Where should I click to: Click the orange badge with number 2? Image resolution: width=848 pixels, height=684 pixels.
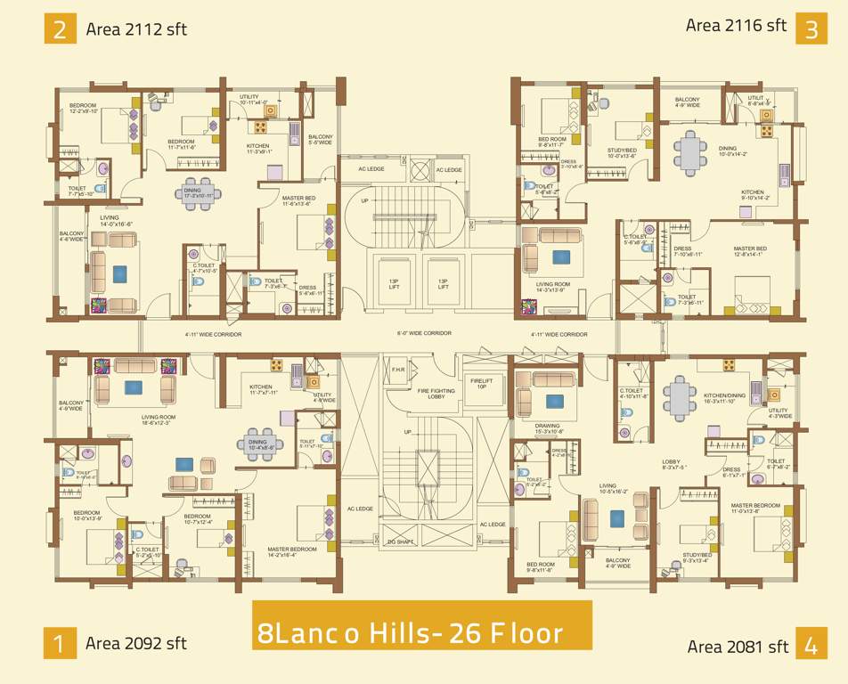click(60, 28)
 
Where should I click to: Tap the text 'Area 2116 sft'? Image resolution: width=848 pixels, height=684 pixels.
click(736, 25)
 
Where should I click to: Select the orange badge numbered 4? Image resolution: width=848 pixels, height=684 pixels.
click(810, 646)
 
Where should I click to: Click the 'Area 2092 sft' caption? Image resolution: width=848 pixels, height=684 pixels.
click(135, 643)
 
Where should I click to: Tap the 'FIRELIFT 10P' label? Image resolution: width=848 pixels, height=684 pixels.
click(481, 384)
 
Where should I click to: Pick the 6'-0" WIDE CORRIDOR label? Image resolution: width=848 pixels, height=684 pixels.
click(424, 334)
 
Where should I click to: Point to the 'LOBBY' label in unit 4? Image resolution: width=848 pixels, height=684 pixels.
click(672, 463)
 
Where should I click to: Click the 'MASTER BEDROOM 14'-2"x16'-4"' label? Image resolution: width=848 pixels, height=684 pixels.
click(292, 551)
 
